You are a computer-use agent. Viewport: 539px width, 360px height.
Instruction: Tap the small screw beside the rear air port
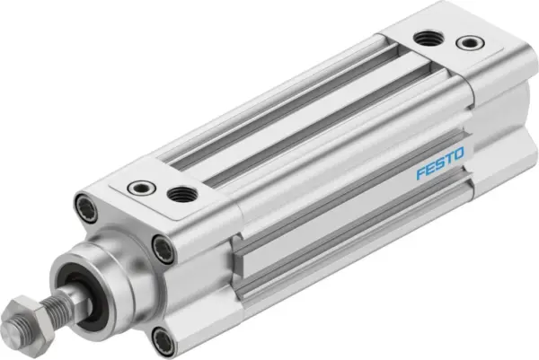[x=466, y=42]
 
